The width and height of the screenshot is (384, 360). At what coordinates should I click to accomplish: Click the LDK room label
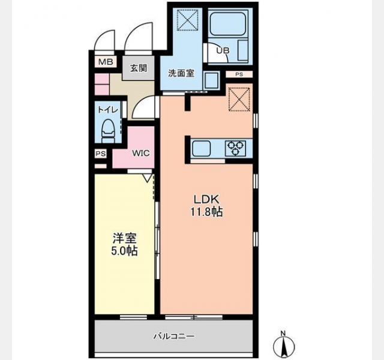(x=206, y=200)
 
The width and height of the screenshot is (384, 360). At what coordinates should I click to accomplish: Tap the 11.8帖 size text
(x=206, y=212)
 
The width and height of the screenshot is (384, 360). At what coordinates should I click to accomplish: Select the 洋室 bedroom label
(x=124, y=238)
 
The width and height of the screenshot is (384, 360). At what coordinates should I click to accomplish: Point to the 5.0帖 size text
(x=124, y=251)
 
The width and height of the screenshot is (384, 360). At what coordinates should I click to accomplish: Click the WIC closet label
(x=141, y=154)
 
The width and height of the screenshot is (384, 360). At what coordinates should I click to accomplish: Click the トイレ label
(x=108, y=110)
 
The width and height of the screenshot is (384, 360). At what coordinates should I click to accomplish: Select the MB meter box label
(x=106, y=62)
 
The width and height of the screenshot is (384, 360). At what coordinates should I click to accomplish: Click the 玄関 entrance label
(x=139, y=68)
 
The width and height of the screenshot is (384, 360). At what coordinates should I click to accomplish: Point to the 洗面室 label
(x=181, y=73)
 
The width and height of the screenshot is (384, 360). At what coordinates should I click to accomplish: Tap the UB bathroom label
(x=223, y=50)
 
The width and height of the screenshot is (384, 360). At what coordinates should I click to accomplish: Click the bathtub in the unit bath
(x=228, y=23)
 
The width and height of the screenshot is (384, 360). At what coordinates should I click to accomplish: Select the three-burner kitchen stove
(x=235, y=148)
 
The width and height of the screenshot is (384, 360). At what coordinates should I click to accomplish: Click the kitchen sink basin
(x=202, y=148)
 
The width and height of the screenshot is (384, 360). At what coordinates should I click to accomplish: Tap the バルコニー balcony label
(x=174, y=336)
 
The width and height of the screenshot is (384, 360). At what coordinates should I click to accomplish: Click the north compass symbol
(x=284, y=345)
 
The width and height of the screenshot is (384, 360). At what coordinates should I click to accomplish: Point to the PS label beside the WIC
(x=101, y=154)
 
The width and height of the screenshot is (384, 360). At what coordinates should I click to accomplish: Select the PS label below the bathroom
(x=239, y=74)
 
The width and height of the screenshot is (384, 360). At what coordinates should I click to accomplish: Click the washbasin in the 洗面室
(x=211, y=80)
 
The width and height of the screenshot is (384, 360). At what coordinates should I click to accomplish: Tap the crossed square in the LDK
(x=239, y=100)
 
